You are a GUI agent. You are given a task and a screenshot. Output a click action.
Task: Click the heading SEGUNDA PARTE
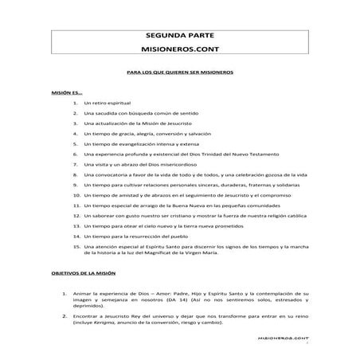[x=180, y=36]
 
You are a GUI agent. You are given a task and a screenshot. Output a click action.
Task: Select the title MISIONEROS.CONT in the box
[x=180, y=49]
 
